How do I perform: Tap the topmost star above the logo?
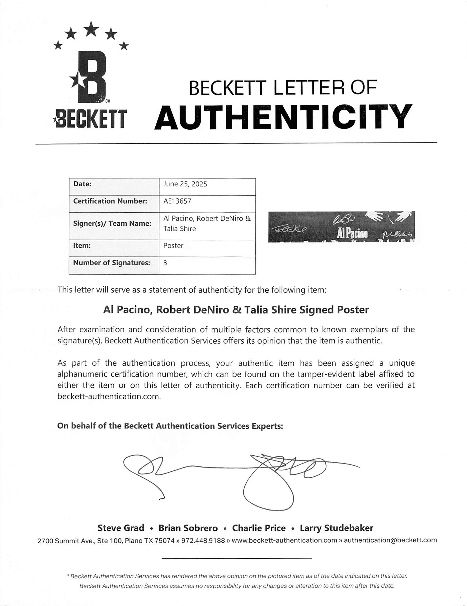pos(91,29)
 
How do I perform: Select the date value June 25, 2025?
pos(185,184)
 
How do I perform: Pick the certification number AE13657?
pos(177,201)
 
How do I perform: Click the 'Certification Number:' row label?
pos(110,201)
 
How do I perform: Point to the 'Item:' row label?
pos(82,246)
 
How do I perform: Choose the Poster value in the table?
pos(173,246)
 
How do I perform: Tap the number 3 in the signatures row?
pos(165,263)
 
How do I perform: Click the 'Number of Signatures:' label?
pos(111,263)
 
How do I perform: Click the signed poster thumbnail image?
pos(341,227)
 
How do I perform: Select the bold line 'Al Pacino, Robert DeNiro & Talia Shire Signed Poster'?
pos(236,310)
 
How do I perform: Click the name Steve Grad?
pos(121,528)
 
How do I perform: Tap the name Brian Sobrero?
pos(188,528)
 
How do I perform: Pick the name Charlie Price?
pos(259,528)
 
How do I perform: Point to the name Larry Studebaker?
pos(336,528)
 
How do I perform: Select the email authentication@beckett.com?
pos(390,540)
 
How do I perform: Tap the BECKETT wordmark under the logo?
pos(90,119)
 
